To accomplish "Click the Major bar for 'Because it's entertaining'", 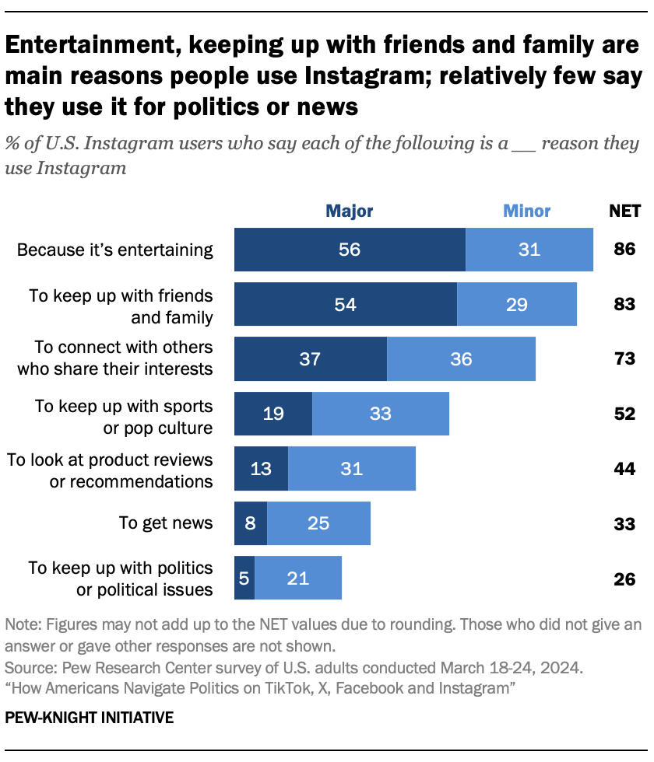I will tap(350, 250).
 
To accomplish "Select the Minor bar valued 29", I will tap(516, 304).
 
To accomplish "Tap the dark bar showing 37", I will tap(311, 359).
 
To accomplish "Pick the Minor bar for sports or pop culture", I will tap(380, 414).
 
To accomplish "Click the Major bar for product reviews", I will tap(262, 468).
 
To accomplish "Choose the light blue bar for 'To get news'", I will tap(318, 523).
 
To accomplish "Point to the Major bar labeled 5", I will tap(244, 578).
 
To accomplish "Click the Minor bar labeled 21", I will tap(297, 578).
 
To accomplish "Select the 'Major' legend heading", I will tap(349, 211).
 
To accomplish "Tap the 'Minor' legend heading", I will tap(526, 211).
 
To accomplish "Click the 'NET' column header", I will tap(624, 211).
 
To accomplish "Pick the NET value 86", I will tap(624, 250).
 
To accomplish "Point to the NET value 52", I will tap(624, 414).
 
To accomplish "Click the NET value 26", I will tap(624, 578).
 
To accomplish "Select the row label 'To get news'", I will tap(166, 523).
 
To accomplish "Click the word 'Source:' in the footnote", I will tap(28, 667).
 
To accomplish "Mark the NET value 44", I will tap(624, 468).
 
